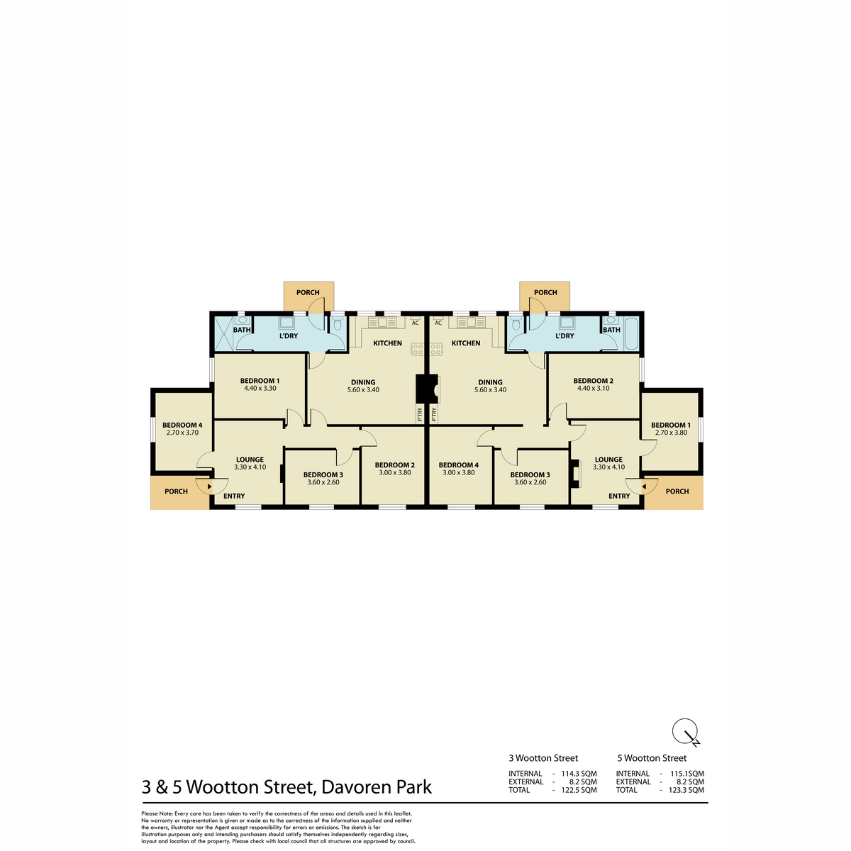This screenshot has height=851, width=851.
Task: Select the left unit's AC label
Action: tap(415, 323)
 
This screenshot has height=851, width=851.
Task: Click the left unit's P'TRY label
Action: tap(420, 415)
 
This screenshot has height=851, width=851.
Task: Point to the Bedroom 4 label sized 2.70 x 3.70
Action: tap(182, 425)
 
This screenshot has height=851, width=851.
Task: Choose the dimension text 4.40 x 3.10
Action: tap(593, 388)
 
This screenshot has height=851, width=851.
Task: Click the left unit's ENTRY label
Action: tap(234, 496)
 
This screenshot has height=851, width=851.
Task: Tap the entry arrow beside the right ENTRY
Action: tap(644, 486)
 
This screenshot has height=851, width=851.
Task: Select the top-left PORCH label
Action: tap(308, 292)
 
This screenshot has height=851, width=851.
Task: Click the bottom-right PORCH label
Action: tap(677, 491)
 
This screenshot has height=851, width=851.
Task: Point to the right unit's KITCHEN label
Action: tap(466, 343)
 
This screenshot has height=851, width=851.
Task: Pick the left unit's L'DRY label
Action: tap(289, 335)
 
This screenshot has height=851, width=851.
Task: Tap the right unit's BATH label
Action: tap(611, 330)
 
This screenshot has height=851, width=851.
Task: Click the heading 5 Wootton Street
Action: tap(652, 758)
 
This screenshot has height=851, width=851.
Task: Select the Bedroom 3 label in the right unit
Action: tap(530, 474)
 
